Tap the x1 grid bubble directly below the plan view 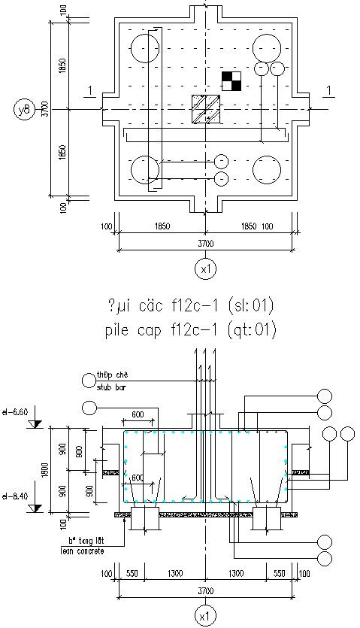point(205,268)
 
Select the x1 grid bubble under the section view point(205,616)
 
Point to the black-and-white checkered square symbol point(231,80)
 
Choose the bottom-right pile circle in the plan point(266,170)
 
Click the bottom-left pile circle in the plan point(145,170)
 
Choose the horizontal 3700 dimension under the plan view point(205,243)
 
